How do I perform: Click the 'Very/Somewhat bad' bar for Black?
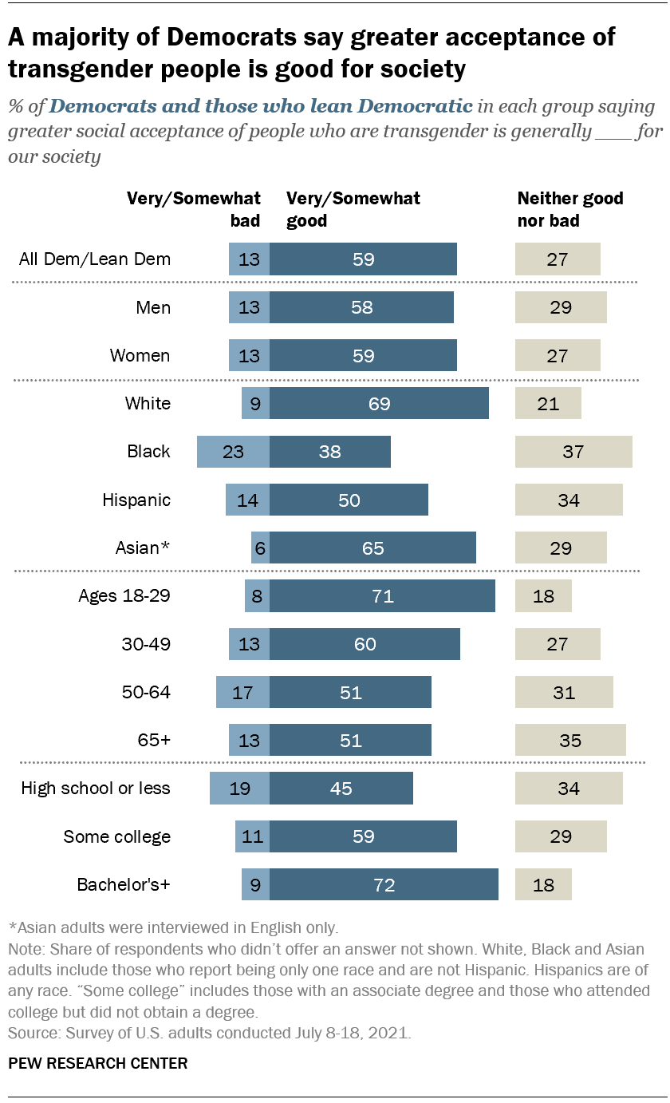coord(233,452)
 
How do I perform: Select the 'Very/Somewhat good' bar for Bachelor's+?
coord(384,885)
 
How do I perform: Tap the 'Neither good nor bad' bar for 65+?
coord(570,740)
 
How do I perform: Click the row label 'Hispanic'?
coord(136,500)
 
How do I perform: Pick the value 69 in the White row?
coord(379,404)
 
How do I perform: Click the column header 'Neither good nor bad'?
coord(570,209)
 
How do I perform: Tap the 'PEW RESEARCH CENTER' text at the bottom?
coord(98,1062)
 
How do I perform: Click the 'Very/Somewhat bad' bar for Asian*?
coord(260,548)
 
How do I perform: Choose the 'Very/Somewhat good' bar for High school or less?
coord(341,789)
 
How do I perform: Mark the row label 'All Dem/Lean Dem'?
coord(95,259)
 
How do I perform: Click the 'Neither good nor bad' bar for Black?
coord(573,452)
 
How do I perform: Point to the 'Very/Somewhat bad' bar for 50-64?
coord(242,692)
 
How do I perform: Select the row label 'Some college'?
coord(117,836)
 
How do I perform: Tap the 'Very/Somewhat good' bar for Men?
coord(361,307)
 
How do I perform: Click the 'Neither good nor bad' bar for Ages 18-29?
coord(543,596)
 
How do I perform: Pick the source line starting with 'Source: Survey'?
coord(210,1032)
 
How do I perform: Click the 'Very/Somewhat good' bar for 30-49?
coord(365,644)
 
